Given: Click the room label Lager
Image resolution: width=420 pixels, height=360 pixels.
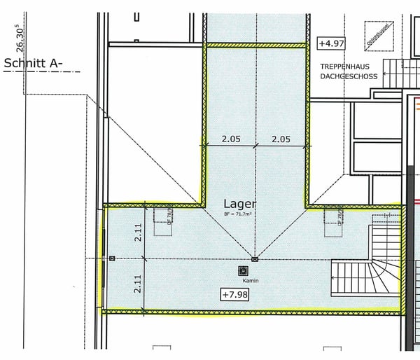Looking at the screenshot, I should pos(240,203).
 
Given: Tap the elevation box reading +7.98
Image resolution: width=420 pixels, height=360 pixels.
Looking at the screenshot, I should pos(235,293).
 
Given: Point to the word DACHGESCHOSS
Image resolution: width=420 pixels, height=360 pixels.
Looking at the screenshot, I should pos(349,76).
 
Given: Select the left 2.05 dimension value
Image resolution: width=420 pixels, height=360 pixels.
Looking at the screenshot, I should pos(230,139).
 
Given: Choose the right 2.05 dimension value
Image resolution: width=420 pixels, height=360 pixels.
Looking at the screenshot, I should pos(281,139).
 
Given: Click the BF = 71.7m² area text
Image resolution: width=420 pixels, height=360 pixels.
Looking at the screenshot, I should pos(238,213).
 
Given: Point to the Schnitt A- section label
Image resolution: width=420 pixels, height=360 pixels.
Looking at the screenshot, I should pos(34,63).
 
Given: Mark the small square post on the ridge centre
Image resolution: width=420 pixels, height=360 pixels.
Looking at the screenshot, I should pos(255,259).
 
